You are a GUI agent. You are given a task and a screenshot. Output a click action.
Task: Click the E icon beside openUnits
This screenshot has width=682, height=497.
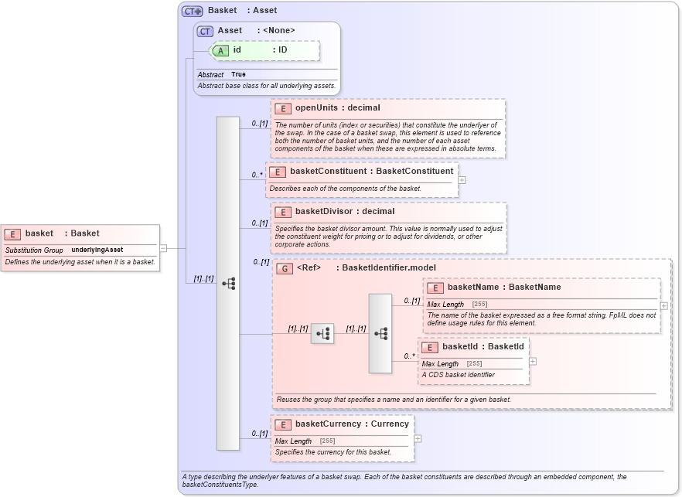point(283,108)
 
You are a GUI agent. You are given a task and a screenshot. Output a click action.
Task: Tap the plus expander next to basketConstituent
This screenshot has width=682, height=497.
point(462,179)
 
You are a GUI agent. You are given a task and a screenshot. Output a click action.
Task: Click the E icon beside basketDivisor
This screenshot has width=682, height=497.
point(283,212)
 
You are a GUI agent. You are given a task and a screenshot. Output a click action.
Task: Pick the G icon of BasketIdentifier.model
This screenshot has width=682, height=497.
point(284,268)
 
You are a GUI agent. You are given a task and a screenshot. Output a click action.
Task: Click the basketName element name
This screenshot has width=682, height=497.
point(472,288)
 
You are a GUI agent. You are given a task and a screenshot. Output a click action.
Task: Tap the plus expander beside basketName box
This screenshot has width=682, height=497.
point(664,305)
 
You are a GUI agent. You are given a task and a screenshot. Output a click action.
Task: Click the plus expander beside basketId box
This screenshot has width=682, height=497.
point(533,361)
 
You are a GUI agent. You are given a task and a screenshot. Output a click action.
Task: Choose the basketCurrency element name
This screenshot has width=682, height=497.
point(328,424)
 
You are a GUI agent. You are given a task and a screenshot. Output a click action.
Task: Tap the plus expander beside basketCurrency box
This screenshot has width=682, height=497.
point(418,438)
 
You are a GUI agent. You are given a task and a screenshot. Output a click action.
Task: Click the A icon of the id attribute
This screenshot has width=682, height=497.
point(220,50)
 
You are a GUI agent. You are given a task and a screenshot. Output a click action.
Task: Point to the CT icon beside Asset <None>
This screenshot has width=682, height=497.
point(205,31)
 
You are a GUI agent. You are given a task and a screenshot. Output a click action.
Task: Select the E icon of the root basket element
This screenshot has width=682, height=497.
point(13,233)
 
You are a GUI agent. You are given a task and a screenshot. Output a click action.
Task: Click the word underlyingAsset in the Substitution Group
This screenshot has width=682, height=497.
point(97,250)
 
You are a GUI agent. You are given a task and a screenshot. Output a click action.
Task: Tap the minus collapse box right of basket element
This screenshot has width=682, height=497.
point(163,248)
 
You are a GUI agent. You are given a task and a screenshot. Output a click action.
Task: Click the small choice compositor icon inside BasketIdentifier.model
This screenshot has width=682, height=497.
point(322,333)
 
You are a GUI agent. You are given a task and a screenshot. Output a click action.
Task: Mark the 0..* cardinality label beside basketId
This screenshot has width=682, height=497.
point(409,356)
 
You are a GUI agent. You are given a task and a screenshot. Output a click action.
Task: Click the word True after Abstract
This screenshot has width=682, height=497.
point(238,75)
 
